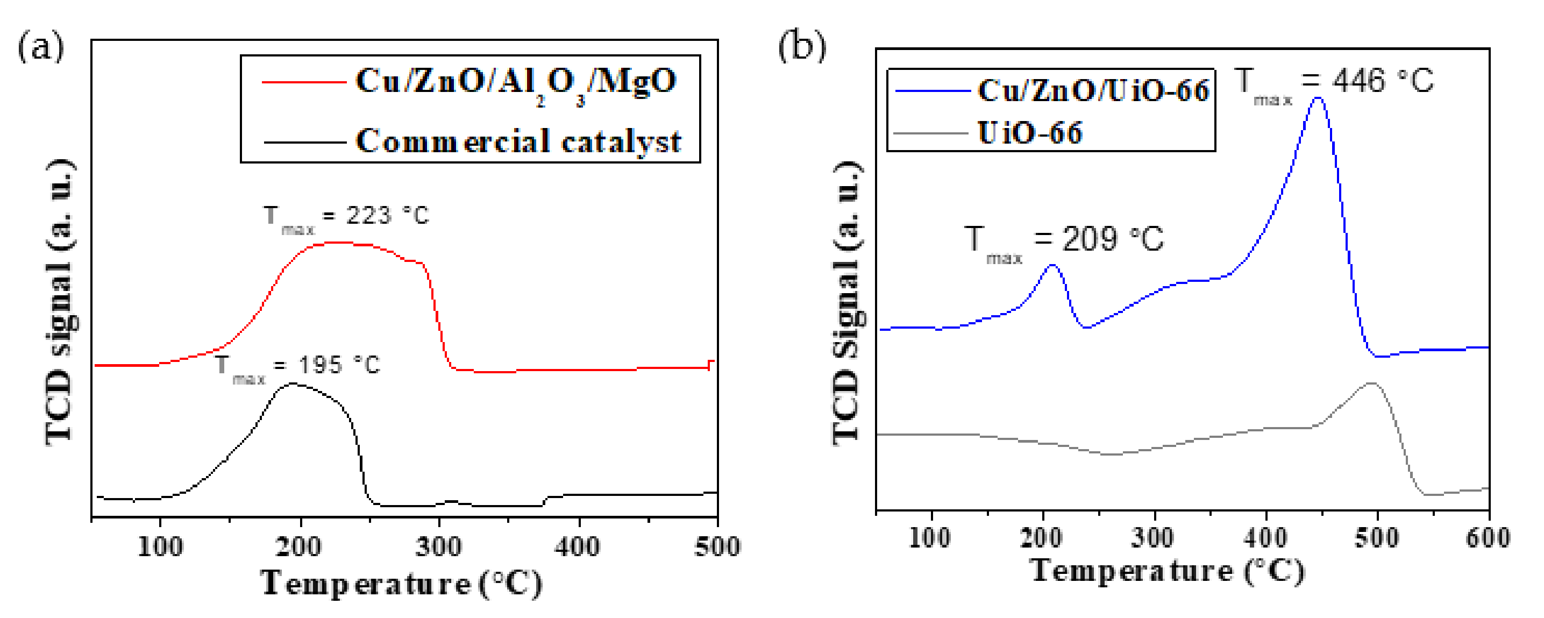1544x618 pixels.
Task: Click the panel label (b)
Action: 801,46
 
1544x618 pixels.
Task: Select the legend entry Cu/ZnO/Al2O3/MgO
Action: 515,82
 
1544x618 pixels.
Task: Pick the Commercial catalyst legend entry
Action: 518,142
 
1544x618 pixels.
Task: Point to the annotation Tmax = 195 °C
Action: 298,366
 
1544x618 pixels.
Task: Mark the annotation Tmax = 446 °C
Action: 1334,84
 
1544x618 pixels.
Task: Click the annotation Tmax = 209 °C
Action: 1064,241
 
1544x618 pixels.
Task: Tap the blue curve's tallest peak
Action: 1318,98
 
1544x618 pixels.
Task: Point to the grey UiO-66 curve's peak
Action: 1371,383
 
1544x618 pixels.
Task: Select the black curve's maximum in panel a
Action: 293,383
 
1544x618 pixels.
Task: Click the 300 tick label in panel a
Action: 439,546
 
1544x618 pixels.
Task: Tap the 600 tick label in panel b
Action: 1488,538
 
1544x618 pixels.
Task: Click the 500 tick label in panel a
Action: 717,546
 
